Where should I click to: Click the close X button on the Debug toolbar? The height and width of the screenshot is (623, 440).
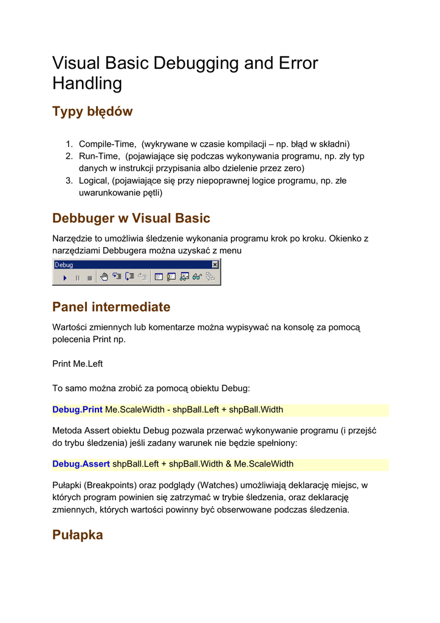pyautogui.click(x=215, y=265)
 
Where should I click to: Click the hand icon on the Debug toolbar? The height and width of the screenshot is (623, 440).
pyautogui.click(x=104, y=277)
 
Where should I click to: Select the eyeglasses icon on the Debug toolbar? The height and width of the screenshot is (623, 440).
pyautogui.click(x=198, y=277)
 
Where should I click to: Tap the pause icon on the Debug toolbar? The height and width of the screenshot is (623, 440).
pyautogui.click(x=77, y=278)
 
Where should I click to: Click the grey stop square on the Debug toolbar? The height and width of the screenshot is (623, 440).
pyautogui.click(x=89, y=278)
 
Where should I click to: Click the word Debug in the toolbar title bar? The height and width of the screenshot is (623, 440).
pyautogui.click(x=64, y=265)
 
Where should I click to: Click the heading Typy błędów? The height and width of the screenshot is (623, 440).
pyautogui.click(x=92, y=111)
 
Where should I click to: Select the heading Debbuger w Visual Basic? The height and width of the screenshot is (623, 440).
pyautogui.click(x=131, y=218)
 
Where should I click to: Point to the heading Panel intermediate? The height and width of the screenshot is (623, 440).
pyautogui.click(x=111, y=307)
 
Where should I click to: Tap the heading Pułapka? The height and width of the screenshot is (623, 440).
pyautogui.click(x=78, y=535)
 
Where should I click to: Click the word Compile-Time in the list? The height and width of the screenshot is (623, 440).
pyautogui.click(x=107, y=144)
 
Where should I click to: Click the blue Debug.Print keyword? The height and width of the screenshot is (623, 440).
pyautogui.click(x=77, y=410)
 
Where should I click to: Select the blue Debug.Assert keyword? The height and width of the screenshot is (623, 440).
pyautogui.click(x=81, y=464)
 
